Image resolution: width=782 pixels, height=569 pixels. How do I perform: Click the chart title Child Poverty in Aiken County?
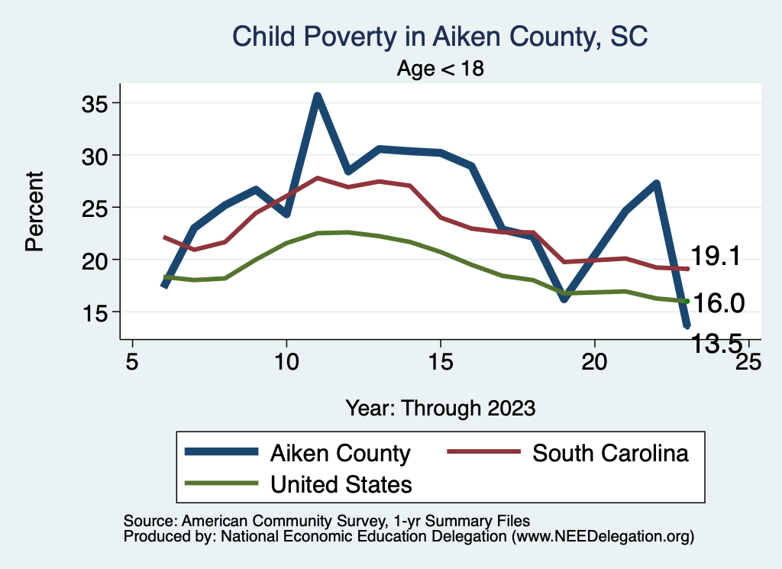(440, 37)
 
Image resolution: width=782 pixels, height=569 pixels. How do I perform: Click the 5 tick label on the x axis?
(132, 360)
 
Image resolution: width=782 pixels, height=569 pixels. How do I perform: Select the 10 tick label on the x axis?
(286, 360)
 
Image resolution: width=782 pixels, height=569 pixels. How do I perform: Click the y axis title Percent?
(34, 211)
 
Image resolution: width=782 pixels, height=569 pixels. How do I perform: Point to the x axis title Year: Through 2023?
(440, 407)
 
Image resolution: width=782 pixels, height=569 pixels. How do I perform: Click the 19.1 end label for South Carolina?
(716, 257)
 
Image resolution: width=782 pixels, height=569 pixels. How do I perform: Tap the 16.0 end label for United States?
(716, 303)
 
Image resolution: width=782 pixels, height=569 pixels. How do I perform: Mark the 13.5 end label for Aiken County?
(716, 344)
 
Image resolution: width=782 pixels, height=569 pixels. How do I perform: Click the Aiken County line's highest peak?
(317, 96)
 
